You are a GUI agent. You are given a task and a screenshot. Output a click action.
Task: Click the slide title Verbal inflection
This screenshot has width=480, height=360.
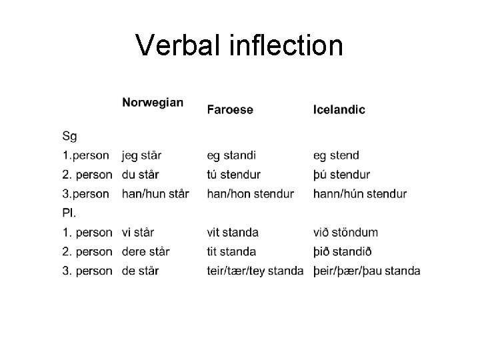(239, 45)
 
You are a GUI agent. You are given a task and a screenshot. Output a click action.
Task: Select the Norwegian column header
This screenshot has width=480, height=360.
(153, 103)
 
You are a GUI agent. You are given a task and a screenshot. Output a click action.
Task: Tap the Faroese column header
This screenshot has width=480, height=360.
(230, 109)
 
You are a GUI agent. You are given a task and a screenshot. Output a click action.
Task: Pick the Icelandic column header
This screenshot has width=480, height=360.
(339, 109)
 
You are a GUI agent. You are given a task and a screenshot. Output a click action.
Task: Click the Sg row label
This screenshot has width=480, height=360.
(69, 137)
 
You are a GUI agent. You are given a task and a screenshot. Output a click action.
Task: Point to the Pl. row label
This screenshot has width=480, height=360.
(69, 213)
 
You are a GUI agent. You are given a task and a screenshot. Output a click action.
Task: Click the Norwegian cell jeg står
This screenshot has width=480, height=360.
(142, 156)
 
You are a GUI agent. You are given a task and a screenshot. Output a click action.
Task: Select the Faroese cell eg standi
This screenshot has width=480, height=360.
(231, 156)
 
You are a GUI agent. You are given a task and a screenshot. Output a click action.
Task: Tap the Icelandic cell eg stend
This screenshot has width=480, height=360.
(336, 156)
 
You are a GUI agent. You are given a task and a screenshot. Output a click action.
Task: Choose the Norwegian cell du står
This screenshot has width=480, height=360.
(141, 175)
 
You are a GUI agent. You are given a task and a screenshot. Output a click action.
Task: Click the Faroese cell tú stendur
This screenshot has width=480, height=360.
(233, 175)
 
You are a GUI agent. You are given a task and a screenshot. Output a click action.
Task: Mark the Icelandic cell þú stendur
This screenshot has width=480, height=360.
(341, 175)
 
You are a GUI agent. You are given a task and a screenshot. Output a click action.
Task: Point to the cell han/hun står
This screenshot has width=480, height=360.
(155, 194)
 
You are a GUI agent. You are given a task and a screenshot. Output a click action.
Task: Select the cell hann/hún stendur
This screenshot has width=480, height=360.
(360, 194)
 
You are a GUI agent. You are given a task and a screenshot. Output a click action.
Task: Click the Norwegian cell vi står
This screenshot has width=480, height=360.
(138, 233)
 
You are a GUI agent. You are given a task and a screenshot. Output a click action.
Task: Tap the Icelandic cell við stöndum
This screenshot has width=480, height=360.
(345, 233)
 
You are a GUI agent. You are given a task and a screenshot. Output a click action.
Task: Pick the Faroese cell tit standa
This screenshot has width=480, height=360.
(231, 252)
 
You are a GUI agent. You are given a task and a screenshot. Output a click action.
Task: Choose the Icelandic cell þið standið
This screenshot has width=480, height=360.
(343, 252)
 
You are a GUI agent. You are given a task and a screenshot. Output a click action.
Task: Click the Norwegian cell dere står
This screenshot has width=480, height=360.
(146, 252)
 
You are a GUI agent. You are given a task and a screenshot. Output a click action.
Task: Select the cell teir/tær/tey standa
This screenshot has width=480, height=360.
(255, 271)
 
